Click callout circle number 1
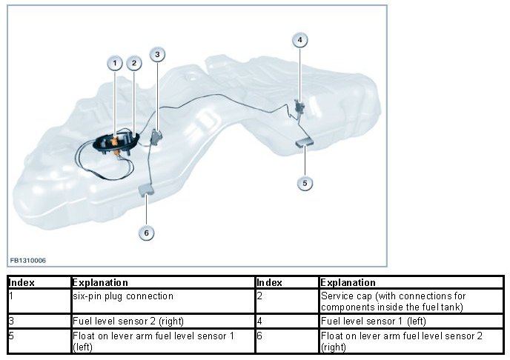pyautogui.click(x=115, y=64)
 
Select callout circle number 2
pyautogui.click(x=134, y=64)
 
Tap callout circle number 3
pyautogui.click(x=157, y=54)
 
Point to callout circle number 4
pyautogui.click(x=299, y=39)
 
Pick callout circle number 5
pyautogui.click(x=304, y=183)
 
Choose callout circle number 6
pyautogui.click(x=146, y=233)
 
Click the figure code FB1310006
pyautogui.click(x=28, y=261)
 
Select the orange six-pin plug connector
pyautogui.click(x=116, y=139)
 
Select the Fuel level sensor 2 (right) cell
pyautogui.click(x=162, y=321)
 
